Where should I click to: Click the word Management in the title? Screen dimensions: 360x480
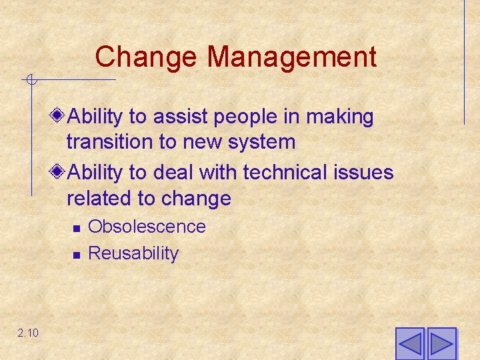click(292, 57)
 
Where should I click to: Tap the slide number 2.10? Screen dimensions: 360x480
click(29, 333)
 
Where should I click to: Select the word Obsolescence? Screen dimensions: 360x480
click(147, 227)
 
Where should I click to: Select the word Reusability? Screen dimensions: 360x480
click(133, 253)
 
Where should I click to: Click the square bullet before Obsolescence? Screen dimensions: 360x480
click(77, 229)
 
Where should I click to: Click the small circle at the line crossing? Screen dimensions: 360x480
click(31, 81)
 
